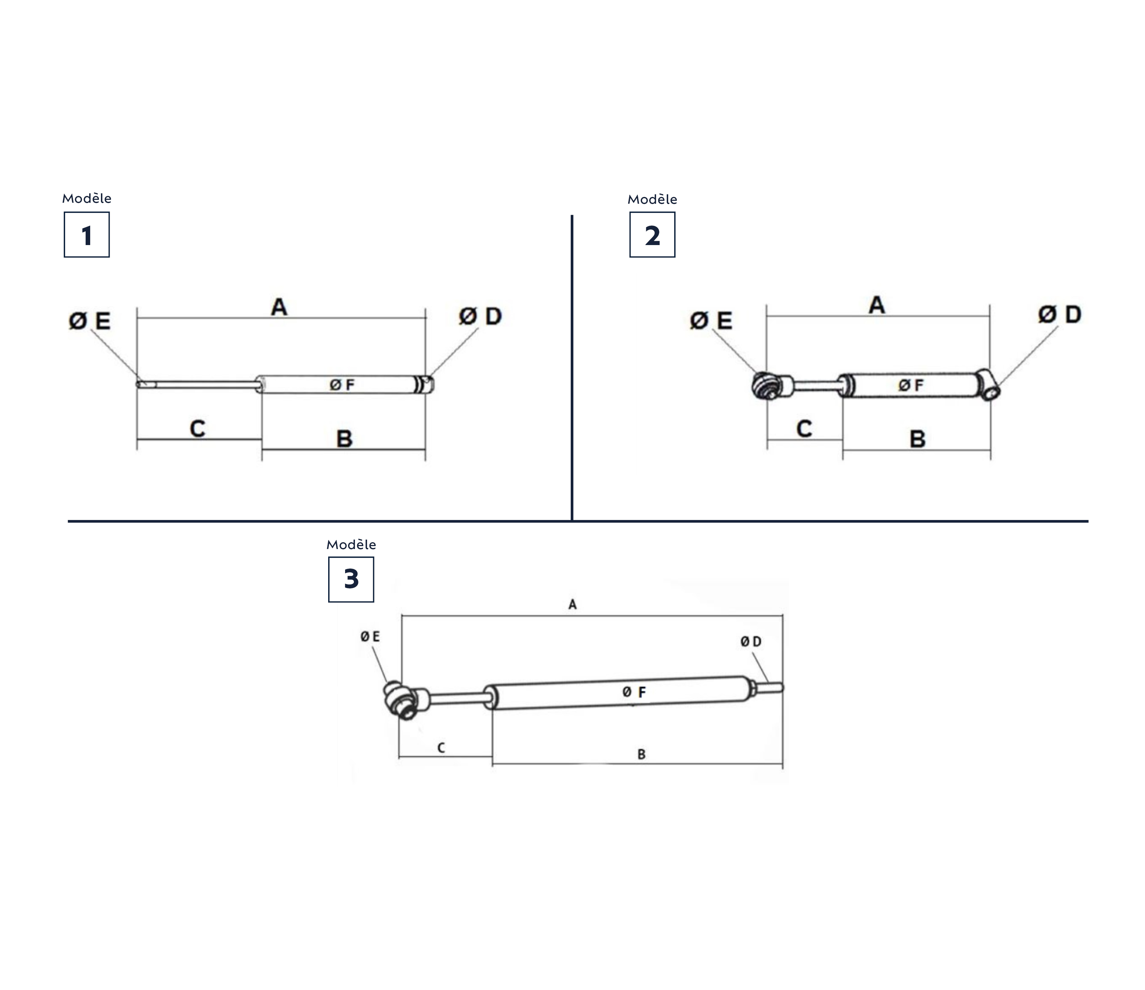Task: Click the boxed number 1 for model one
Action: click(x=87, y=235)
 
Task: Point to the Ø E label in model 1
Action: click(x=90, y=321)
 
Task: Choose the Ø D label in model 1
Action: click(x=480, y=317)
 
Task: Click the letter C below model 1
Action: click(x=197, y=429)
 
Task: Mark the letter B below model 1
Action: click(x=344, y=439)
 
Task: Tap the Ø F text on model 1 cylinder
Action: click(x=342, y=385)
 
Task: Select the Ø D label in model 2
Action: click(x=1059, y=315)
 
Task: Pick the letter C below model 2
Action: click(x=804, y=429)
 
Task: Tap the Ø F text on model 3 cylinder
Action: click(x=634, y=692)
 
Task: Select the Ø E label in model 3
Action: click(x=370, y=637)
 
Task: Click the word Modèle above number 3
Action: click(x=351, y=545)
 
